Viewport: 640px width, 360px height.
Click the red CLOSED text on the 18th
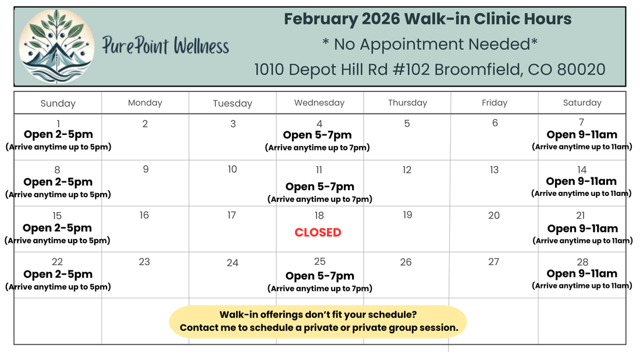click(318, 232)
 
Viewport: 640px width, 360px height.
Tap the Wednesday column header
click(319, 103)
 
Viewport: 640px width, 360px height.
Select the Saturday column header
click(582, 103)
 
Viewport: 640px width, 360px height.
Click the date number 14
click(582, 170)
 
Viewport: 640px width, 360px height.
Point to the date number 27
click(494, 262)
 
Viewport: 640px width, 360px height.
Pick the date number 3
click(233, 124)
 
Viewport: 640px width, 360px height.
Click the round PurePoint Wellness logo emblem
click(57, 46)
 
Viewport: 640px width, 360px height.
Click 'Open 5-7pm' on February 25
click(319, 276)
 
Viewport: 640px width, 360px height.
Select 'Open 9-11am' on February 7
click(582, 135)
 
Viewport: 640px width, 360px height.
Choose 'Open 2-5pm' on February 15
click(57, 228)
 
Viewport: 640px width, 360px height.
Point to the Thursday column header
click(408, 103)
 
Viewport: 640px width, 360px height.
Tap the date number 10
click(232, 169)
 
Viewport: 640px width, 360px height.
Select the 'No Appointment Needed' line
click(430, 44)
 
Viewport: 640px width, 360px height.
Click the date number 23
click(144, 262)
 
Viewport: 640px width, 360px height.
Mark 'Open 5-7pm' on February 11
click(319, 187)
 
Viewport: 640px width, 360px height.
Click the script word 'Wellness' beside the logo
click(202, 45)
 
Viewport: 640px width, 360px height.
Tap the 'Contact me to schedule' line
click(319, 328)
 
